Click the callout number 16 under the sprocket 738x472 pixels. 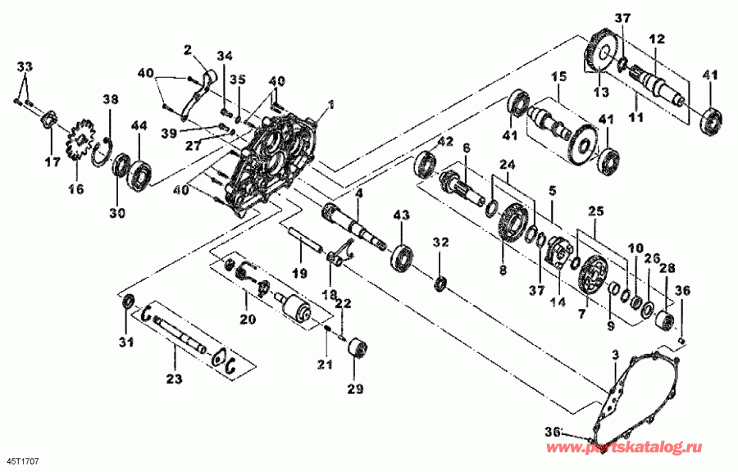[75, 188]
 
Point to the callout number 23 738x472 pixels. [175, 379]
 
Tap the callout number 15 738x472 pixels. [558, 77]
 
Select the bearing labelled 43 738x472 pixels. [402, 255]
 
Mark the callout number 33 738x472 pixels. [25, 65]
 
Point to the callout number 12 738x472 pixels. [657, 39]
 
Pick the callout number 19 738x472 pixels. [299, 272]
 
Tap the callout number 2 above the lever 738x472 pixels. [187, 50]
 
